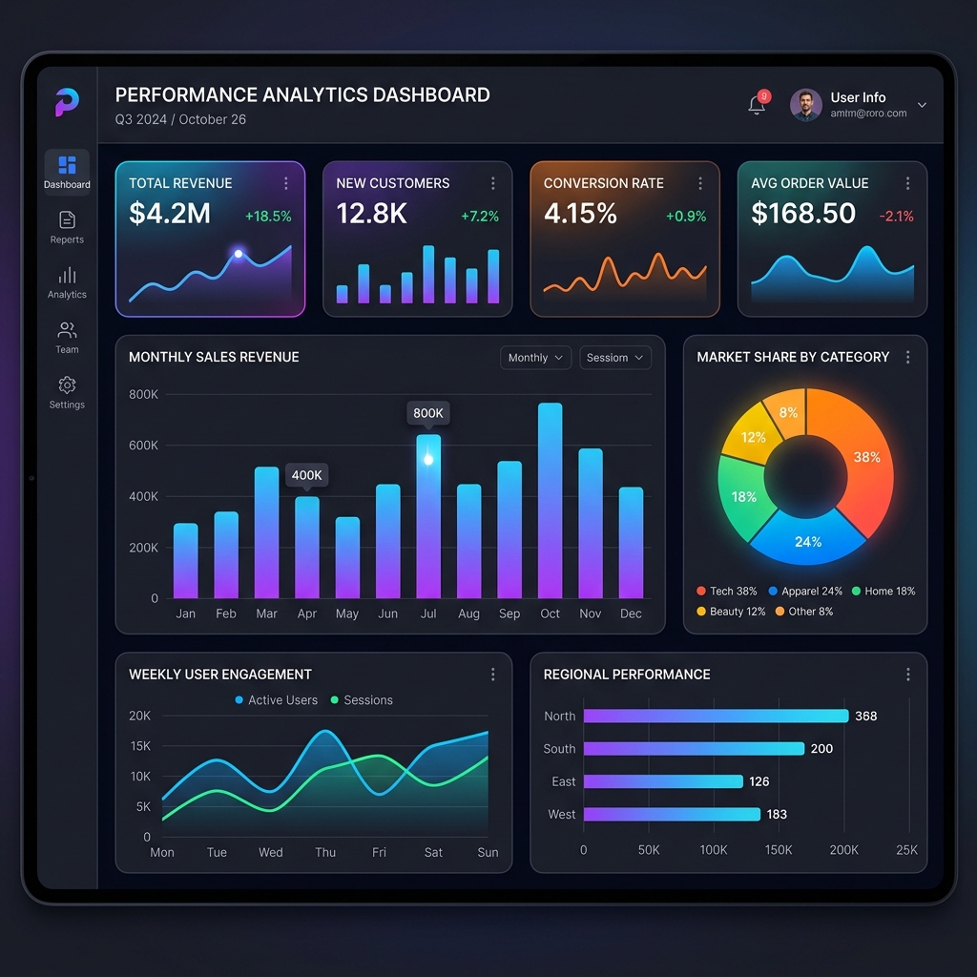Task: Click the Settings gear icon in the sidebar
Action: click(x=67, y=385)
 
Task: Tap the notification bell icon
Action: click(x=757, y=105)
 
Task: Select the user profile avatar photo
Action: click(x=806, y=105)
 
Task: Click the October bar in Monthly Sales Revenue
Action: click(x=550, y=501)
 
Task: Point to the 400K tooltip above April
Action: click(x=307, y=475)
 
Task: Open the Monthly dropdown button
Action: click(x=535, y=358)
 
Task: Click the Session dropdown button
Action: click(x=615, y=358)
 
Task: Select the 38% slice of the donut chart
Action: click(x=859, y=458)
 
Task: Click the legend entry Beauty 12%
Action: click(x=731, y=612)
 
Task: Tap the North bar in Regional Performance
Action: click(x=716, y=716)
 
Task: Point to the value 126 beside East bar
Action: click(x=759, y=781)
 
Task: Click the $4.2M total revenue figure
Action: click(x=170, y=214)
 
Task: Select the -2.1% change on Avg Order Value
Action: click(x=896, y=217)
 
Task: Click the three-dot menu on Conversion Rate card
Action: click(x=700, y=183)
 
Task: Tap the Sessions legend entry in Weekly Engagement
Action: click(x=362, y=700)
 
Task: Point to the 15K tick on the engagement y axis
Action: click(x=140, y=746)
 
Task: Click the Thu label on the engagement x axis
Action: click(x=325, y=852)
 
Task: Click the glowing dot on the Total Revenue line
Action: click(x=239, y=254)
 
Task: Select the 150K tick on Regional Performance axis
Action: click(x=778, y=850)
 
